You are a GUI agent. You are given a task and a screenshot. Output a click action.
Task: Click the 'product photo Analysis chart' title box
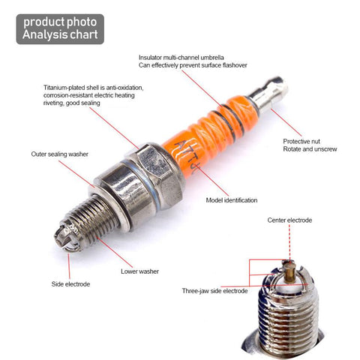60,29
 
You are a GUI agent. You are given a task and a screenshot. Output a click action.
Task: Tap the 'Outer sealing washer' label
59,154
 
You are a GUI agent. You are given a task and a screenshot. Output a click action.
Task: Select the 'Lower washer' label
139,271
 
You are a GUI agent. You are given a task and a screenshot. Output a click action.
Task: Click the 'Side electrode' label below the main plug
70,284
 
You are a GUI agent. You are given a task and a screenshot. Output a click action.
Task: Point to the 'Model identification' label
232,200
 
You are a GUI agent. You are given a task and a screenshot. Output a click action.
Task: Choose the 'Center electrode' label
289,220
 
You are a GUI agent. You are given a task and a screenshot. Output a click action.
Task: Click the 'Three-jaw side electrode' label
214,291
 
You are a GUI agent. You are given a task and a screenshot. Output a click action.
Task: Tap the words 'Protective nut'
301,141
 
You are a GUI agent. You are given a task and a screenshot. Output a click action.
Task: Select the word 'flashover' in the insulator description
235,65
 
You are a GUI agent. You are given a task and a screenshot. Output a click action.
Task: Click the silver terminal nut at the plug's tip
268,94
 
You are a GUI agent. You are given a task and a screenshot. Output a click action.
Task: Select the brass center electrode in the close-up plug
289,271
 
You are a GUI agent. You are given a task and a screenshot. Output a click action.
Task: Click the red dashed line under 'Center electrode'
289,242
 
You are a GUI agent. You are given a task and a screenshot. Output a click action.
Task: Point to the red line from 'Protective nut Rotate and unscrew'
286,122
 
